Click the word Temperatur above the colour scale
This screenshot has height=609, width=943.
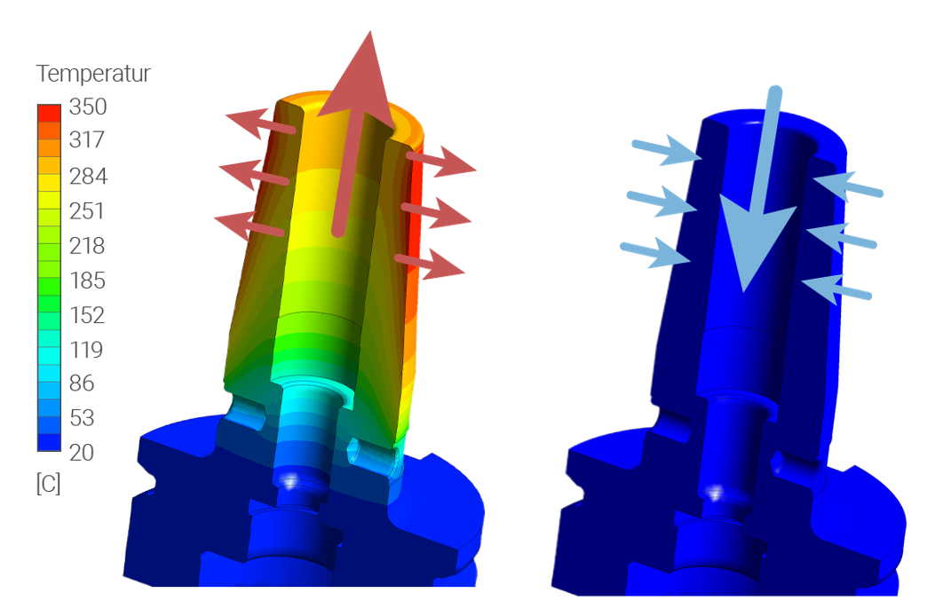click(x=93, y=74)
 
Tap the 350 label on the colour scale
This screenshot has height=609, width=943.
click(x=88, y=107)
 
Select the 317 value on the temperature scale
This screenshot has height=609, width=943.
click(x=87, y=139)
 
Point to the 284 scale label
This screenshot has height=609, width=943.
click(x=89, y=176)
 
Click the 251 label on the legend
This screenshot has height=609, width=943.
click(x=87, y=211)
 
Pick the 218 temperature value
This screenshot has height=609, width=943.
click(x=87, y=246)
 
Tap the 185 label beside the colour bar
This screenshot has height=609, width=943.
click(x=88, y=281)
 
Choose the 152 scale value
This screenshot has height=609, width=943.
click(x=87, y=316)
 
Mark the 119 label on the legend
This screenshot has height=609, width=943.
click(x=87, y=350)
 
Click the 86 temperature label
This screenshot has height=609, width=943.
click(x=82, y=383)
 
